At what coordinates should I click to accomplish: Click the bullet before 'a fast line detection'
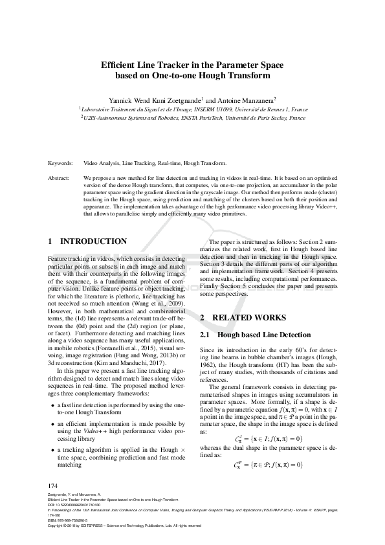coord(52,405)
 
